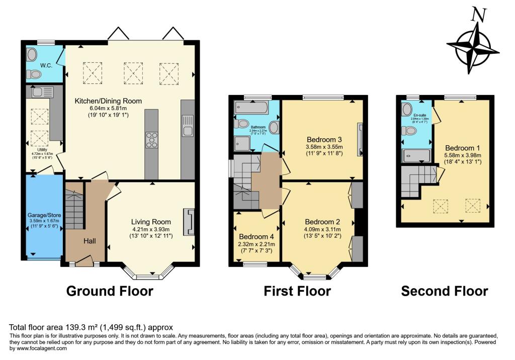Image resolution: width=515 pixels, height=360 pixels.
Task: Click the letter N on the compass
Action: tap(480, 16)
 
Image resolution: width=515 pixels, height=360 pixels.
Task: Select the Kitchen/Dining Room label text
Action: tap(108, 101)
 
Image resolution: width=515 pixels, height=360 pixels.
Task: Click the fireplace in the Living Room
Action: tap(190, 222)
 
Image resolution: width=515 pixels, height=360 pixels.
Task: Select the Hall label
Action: tap(90, 241)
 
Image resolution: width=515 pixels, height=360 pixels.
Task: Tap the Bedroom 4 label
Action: tap(256, 237)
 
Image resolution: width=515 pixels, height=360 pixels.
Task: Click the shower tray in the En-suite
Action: tap(416, 155)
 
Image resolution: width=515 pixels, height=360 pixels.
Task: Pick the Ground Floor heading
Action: tap(110, 291)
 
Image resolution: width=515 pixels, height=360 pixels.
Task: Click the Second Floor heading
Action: tap(444, 291)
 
